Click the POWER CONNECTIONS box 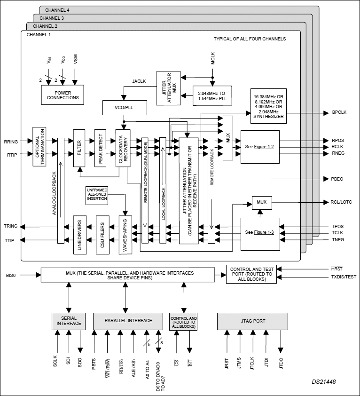(x=63, y=95)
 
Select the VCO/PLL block (x=125, y=107)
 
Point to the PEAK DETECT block (x=102, y=148)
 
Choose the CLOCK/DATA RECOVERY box (x=123, y=148)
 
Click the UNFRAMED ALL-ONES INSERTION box (x=97, y=195)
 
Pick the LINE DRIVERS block (x=80, y=235)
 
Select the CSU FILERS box (x=102, y=235)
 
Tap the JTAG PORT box (x=252, y=321)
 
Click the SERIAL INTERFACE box (x=69, y=321)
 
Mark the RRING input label (x=11, y=141)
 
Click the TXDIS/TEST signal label (x=343, y=277)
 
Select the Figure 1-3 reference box (x=260, y=233)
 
